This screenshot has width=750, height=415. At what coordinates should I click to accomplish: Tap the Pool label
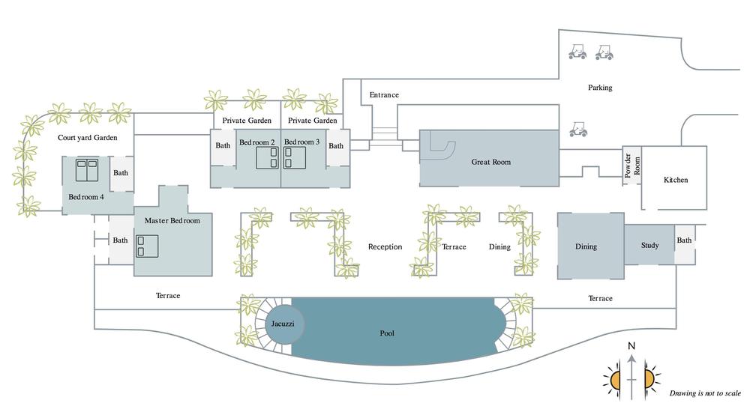click(387, 333)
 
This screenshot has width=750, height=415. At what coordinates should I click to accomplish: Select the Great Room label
click(490, 162)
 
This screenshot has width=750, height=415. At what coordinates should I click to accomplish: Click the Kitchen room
click(675, 180)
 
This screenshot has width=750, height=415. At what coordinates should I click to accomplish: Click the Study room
click(649, 245)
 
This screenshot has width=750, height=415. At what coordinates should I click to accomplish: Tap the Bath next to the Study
click(684, 241)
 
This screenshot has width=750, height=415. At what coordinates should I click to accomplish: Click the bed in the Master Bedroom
click(148, 246)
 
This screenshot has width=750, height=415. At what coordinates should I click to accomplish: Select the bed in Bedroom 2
click(268, 157)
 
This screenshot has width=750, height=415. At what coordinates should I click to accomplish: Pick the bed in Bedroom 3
click(293, 157)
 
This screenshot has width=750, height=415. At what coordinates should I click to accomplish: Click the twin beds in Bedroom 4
click(87, 169)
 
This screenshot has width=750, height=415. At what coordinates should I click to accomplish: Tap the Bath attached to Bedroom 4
click(121, 173)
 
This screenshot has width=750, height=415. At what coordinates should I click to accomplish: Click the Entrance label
click(384, 95)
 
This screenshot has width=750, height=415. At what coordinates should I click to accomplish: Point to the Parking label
click(600, 88)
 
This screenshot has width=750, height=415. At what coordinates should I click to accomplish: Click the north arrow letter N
click(631, 346)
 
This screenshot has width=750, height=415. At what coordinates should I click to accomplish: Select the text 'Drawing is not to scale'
click(705, 393)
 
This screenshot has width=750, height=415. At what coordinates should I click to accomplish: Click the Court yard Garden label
click(88, 138)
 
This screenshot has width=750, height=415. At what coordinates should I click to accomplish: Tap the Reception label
click(385, 246)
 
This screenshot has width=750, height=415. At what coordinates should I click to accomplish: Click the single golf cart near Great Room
click(578, 130)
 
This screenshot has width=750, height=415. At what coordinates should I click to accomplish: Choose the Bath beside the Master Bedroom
click(120, 240)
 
